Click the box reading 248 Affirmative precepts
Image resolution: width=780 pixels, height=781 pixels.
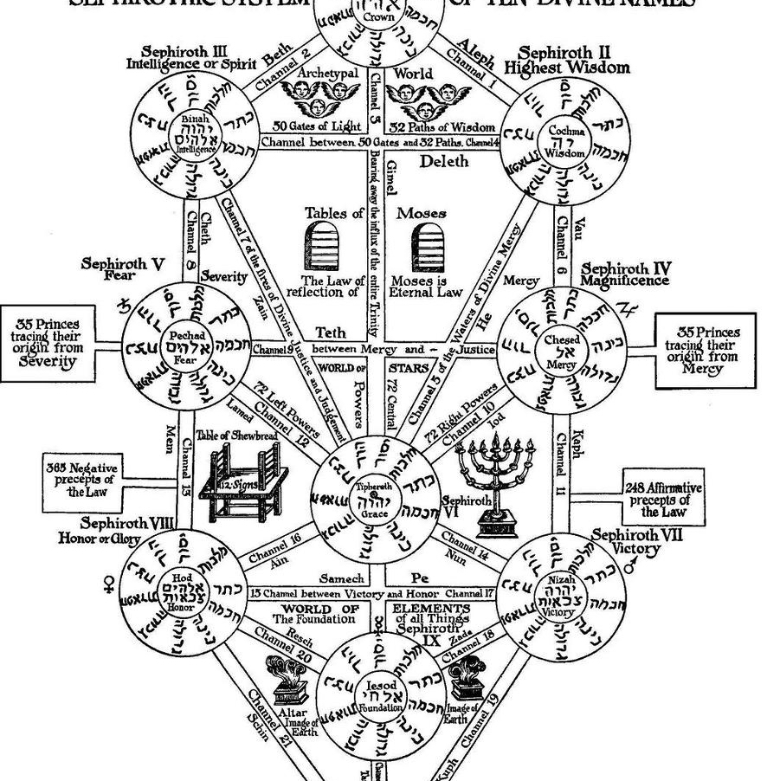663,500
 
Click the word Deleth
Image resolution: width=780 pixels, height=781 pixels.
443,161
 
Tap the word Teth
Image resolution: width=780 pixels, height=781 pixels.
330,333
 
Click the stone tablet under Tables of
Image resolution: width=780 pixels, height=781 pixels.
322,246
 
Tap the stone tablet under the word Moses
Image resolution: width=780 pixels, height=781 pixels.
427,246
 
